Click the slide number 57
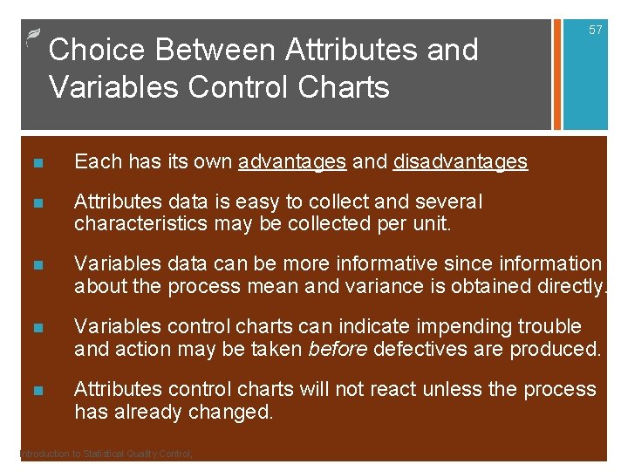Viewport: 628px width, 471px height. [596, 31]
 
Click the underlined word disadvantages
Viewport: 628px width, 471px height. [461, 161]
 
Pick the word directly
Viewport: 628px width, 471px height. [570, 286]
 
